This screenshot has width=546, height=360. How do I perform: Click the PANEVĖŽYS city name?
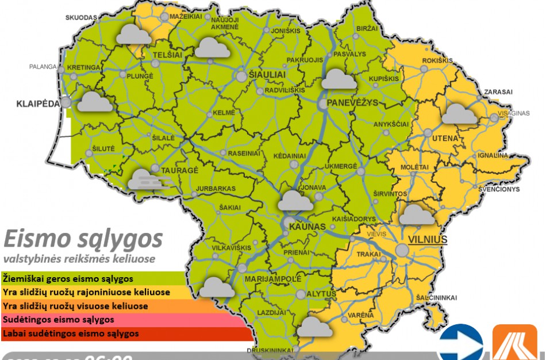coord(352,103)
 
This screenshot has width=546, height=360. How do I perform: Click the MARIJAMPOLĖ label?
coord(273,279)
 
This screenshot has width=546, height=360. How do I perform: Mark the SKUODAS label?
coord(82,18)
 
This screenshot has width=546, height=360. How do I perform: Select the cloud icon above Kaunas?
coord(296,200)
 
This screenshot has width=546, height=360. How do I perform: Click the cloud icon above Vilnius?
coord(417,214)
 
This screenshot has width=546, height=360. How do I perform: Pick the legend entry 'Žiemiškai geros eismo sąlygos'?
coord(69,279)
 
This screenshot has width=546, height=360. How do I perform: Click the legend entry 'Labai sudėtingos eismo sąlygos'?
coord(71,334)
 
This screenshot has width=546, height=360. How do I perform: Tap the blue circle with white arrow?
coord(460,343)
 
